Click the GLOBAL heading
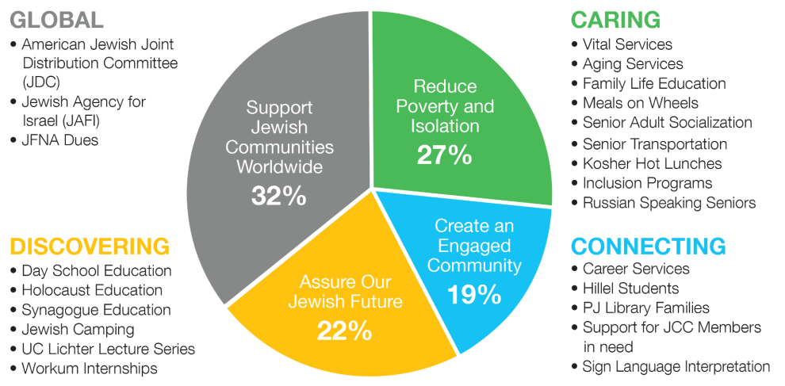point(56,20)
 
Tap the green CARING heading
point(615,20)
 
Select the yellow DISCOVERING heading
point(90,246)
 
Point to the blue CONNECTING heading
point(649,246)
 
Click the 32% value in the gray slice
point(278,195)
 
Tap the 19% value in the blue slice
point(474,294)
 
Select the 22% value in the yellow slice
point(345,330)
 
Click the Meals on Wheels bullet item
point(640,103)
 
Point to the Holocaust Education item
point(92,290)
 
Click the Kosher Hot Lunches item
point(652,163)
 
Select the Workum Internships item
point(90,368)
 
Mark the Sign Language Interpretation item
point(676,366)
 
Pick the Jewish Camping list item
point(78,329)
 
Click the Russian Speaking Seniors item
point(668,203)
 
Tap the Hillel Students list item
point(630,288)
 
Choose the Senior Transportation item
point(654,143)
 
